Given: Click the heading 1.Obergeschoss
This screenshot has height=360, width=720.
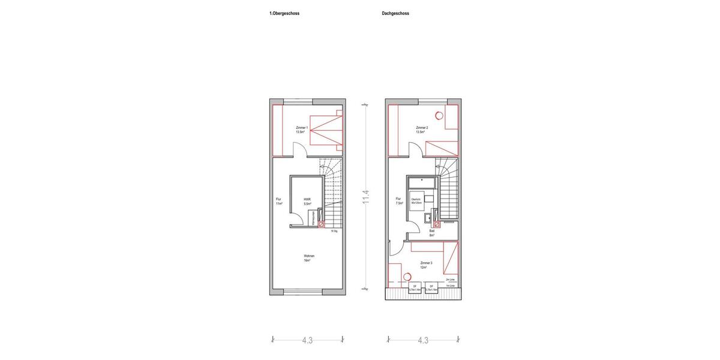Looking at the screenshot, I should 284,13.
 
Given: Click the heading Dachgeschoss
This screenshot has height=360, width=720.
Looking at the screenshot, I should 395,13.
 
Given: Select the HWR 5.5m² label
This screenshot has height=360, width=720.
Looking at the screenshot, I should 307,202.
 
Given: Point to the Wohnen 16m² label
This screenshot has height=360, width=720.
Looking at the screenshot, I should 309,258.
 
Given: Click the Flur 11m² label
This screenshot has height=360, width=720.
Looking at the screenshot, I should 279,202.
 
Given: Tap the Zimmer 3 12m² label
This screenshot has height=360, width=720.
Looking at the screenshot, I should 426,265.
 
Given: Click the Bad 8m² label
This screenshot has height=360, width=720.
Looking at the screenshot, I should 431,233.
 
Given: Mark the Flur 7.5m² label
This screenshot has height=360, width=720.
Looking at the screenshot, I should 399,201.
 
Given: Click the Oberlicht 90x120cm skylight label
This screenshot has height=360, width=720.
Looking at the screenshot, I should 417,201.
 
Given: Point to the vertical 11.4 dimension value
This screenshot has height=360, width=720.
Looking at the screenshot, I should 366,197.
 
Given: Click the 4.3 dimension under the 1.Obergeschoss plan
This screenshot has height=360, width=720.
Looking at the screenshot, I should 307,340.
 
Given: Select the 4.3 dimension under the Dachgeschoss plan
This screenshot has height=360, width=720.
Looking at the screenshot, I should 423,340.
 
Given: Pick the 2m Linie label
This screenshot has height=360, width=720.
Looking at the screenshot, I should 450,280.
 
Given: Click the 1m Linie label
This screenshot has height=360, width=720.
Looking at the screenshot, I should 450,286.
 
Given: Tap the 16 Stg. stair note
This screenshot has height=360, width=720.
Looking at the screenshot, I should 334,231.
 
